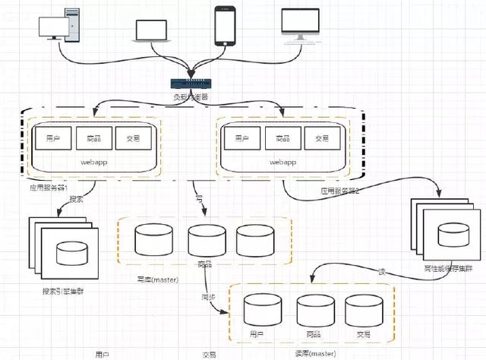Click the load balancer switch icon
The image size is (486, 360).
(190, 86)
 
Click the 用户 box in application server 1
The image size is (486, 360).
(52, 138)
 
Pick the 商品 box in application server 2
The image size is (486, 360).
(283, 138)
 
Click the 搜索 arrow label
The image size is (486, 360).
(77, 199)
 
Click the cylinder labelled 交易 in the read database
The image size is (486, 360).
(361, 311)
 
